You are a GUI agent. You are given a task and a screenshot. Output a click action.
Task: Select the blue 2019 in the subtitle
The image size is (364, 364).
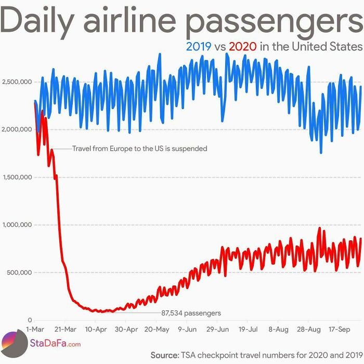199,46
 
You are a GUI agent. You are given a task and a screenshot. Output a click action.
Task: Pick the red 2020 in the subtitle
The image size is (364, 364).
243,46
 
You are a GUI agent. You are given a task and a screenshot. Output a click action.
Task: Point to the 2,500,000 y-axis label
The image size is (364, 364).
17,82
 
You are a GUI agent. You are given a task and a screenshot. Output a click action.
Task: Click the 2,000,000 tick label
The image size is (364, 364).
17,129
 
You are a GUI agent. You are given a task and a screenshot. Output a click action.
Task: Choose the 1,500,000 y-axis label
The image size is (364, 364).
17,177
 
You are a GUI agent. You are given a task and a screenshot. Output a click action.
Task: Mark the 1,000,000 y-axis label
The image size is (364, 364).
17,225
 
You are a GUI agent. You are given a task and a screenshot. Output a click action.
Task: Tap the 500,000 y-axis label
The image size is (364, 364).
20,272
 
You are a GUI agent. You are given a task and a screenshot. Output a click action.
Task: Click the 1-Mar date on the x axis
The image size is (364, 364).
35,329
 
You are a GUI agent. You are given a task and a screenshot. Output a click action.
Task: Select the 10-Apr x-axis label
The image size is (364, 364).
96,329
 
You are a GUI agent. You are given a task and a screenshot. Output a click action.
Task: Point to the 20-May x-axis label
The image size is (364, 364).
157,329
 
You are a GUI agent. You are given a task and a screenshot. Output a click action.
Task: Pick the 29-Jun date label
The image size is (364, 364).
217,329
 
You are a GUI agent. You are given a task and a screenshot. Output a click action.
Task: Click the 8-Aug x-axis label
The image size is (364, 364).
279,329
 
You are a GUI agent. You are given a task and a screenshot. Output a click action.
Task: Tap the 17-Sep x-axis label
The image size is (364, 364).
340,329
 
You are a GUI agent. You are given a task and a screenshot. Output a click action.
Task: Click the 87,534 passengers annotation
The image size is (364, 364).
191,313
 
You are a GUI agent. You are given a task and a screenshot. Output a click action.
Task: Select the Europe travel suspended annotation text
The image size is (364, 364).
139,149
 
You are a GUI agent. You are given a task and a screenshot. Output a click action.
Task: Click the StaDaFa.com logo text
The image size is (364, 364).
55,344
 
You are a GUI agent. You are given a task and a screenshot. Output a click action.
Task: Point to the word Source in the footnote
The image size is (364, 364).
164,355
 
